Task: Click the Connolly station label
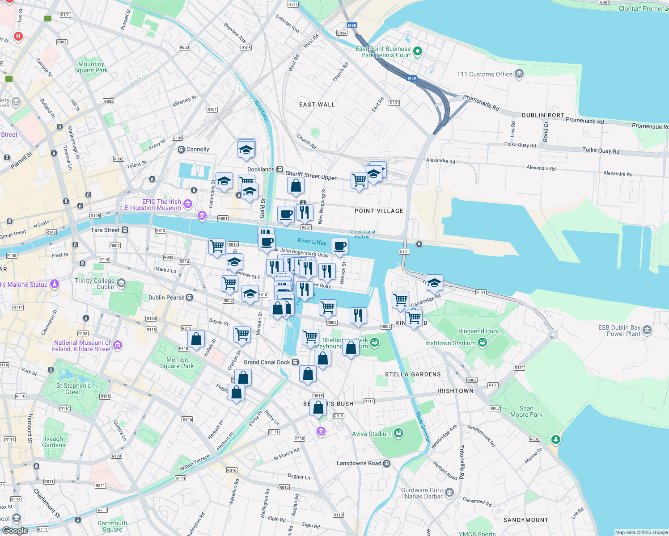coord(197,150)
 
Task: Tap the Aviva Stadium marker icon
coord(398,433)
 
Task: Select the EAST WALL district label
coord(317,105)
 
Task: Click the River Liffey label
coord(312,242)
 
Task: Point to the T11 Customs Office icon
coord(519,74)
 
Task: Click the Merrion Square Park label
coord(177,363)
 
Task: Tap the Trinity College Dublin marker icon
coord(121,283)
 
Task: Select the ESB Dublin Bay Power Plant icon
coord(647,330)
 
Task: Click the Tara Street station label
coord(105,230)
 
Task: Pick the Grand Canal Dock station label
coord(267,362)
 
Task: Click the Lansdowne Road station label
coord(359,463)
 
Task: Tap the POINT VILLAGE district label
coord(379,211)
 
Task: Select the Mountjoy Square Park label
coord(91,67)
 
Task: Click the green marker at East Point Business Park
coord(417,51)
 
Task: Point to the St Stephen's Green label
coord(73,389)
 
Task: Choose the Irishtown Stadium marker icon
coord(482,343)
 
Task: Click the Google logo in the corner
coord(15,530)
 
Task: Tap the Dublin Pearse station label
coord(166,297)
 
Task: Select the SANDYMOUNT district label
coord(525,520)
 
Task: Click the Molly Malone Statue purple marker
coord(55,284)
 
